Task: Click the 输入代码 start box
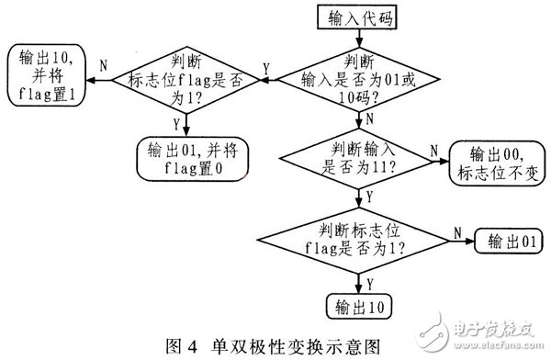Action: tap(354, 18)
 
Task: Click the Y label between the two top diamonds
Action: tap(266, 67)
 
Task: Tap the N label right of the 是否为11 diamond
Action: tap(434, 147)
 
